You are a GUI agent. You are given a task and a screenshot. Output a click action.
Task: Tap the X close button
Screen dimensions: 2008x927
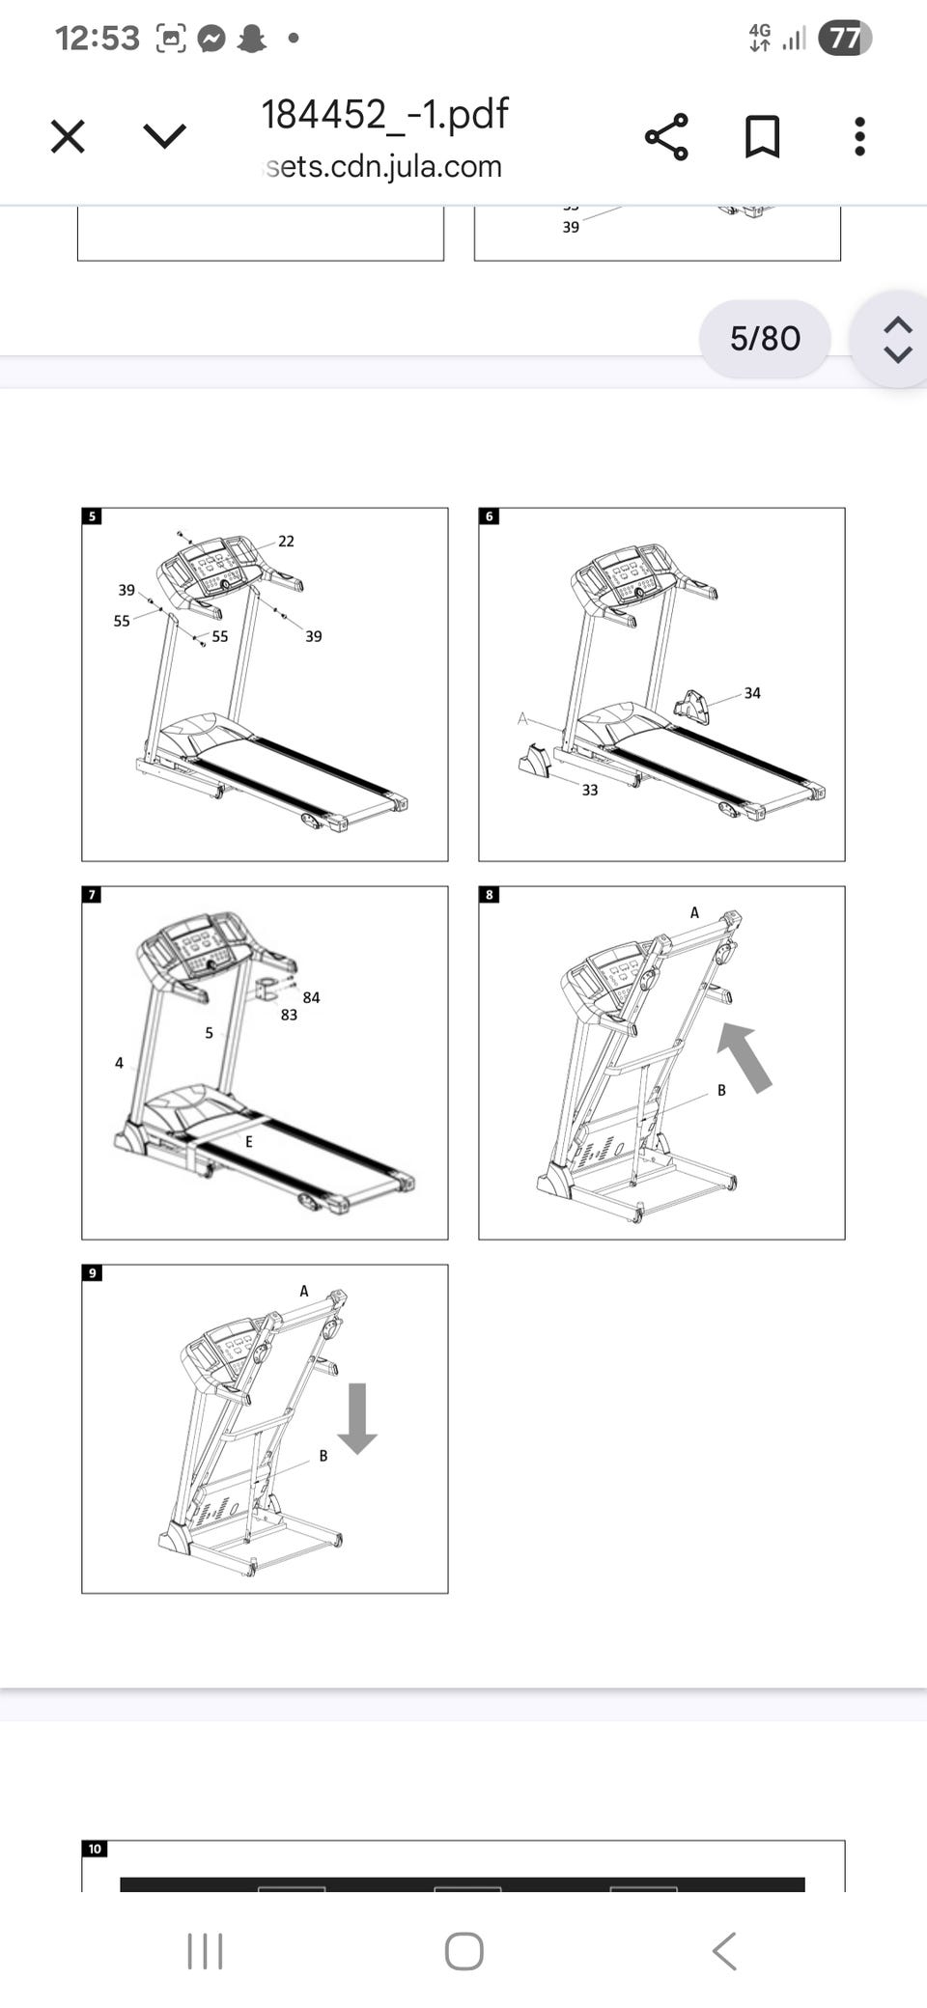(x=68, y=136)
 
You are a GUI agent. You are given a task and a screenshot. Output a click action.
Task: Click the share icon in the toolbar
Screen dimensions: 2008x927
(x=666, y=136)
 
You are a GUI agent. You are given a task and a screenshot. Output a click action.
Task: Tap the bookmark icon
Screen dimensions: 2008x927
(x=762, y=136)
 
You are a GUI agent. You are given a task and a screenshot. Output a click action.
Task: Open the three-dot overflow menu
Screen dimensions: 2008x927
(x=859, y=136)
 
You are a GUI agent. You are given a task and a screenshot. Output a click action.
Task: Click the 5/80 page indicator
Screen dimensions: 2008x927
(x=765, y=339)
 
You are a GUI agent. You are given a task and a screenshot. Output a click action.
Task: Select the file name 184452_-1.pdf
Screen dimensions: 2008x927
(x=384, y=114)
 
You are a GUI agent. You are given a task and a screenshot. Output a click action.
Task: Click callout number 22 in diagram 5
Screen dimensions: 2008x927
(x=286, y=542)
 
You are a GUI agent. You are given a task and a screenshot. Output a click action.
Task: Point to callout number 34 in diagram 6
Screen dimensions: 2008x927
(x=752, y=693)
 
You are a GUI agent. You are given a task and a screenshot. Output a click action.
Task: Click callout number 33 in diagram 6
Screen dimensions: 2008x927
(x=589, y=790)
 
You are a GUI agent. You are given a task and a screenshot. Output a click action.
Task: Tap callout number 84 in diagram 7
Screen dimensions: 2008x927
(x=311, y=997)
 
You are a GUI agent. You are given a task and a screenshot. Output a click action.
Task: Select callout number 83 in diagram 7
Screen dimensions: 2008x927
(x=289, y=1015)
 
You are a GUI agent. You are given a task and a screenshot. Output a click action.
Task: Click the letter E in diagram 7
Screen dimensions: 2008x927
(x=248, y=1141)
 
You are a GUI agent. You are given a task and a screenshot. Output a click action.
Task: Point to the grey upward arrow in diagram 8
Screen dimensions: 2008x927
(x=744, y=1057)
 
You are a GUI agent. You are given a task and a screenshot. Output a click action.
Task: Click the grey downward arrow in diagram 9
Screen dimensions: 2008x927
(x=357, y=1417)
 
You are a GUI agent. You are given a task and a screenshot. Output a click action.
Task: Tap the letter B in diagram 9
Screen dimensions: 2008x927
(x=323, y=1456)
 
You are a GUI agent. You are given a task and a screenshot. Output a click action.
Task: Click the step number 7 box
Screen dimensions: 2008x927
(x=93, y=895)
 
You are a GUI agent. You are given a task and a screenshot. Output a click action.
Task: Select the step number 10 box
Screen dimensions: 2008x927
(x=95, y=1849)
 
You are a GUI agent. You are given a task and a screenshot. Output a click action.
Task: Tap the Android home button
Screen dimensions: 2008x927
(x=463, y=1951)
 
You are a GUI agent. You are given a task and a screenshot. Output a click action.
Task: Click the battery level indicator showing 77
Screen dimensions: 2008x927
(x=844, y=39)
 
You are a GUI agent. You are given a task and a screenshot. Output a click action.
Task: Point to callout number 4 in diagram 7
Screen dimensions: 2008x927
(x=119, y=1063)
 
